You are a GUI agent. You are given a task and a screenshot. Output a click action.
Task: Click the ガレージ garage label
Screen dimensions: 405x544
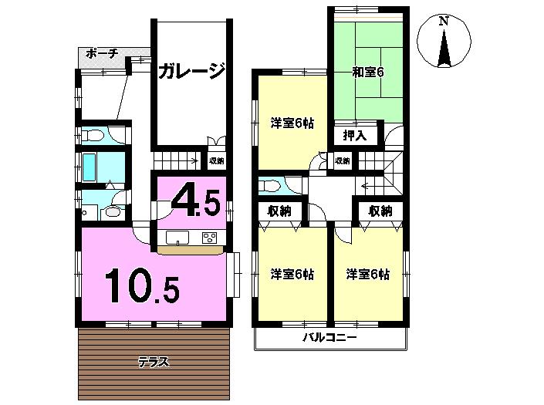(191, 72)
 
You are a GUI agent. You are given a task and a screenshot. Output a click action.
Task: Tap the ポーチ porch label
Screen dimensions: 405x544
(102, 53)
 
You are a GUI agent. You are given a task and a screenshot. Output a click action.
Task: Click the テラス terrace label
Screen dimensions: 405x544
(153, 361)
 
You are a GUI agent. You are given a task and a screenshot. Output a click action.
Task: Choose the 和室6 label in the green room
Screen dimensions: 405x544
(368, 73)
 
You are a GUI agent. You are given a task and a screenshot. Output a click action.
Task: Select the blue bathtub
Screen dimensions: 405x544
(90, 165)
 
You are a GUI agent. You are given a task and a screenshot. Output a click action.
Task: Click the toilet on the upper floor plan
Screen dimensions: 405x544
(271, 184)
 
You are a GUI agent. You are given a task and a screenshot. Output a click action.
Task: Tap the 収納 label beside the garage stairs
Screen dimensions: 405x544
(216, 161)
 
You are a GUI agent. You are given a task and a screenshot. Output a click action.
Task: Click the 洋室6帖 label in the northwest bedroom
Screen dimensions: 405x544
(291, 122)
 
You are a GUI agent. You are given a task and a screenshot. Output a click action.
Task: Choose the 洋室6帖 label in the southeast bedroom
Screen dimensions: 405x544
(367, 275)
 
